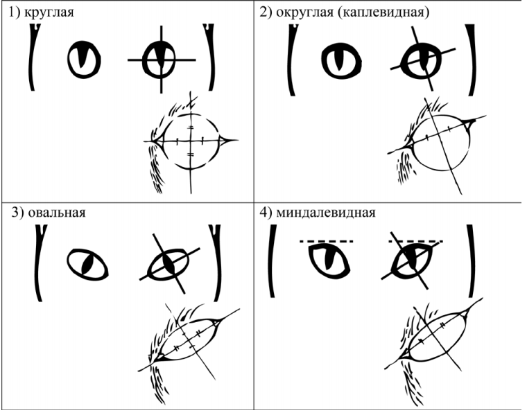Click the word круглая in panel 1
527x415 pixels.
coord(49,12)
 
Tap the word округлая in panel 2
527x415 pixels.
coord(304,12)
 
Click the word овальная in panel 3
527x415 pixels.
coord(56,213)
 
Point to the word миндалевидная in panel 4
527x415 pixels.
coord(325,213)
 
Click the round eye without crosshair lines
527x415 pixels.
coord(84,60)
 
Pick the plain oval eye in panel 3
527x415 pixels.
coord(87,265)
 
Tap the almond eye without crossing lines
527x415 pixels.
coord(329,261)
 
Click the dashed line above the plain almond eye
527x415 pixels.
coord(327,241)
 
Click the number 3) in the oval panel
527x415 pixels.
coord(17,213)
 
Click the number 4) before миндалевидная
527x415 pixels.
coord(266,213)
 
